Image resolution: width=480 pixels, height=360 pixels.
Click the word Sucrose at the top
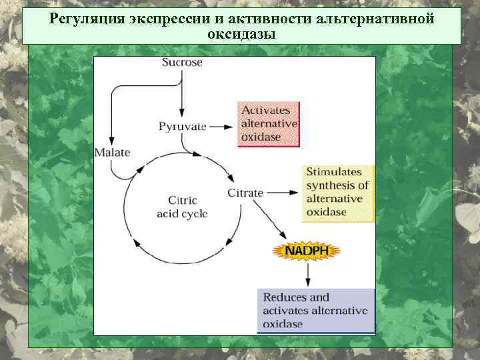[x=182, y=63]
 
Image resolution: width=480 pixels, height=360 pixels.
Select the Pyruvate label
[x=183, y=126]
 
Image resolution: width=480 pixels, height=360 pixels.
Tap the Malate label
[x=112, y=153]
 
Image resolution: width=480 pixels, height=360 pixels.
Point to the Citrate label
[x=245, y=193]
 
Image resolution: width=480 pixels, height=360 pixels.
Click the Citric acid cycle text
[x=182, y=207]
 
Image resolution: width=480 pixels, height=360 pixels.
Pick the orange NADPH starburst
[x=307, y=250]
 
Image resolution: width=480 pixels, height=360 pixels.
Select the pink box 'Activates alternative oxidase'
[x=269, y=124]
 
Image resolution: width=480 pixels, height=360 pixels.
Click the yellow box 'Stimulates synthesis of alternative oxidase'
[x=337, y=192]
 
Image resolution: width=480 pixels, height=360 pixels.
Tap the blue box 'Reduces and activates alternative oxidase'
[x=315, y=310]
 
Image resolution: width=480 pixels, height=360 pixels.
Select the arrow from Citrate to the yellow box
[x=283, y=193]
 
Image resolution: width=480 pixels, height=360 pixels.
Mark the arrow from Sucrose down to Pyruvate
[x=182, y=93]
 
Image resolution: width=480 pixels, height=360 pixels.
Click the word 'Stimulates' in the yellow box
[x=331, y=172]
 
